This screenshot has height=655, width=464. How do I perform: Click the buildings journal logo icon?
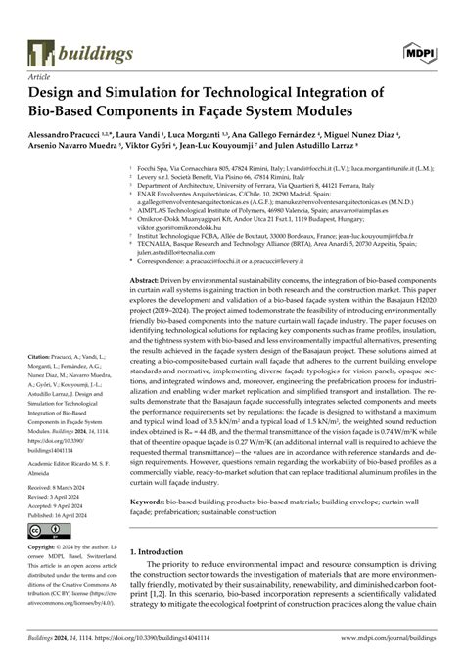(x=41, y=53)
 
